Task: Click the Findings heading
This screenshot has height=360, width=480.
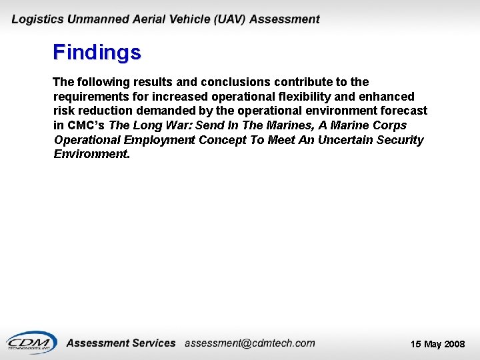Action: [97, 52]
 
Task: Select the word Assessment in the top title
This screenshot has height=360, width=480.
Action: [286, 19]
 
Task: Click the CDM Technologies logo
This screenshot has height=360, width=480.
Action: [31, 342]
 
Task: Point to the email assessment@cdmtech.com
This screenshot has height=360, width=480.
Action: [249, 343]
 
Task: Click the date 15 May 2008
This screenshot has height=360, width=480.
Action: [437, 344]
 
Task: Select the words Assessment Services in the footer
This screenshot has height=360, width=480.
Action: [121, 343]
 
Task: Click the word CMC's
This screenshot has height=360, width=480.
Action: [86, 125]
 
